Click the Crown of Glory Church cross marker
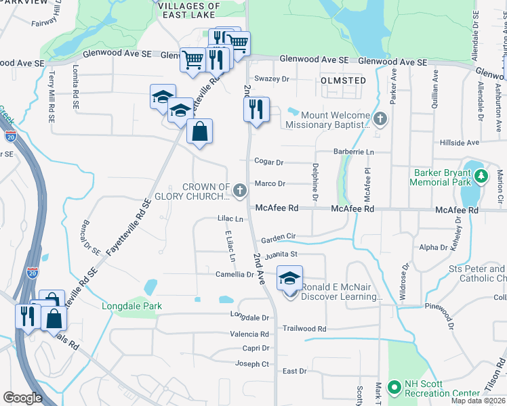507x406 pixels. (x=239, y=191)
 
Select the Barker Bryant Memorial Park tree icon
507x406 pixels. (x=481, y=177)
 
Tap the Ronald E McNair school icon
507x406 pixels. (x=289, y=279)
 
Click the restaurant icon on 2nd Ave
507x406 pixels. (x=256, y=110)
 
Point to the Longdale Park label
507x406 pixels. (x=132, y=306)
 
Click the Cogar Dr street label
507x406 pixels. (x=268, y=162)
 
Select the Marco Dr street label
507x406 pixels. (x=270, y=183)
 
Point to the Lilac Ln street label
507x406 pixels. (x=230, y=219)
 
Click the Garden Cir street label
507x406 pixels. (x=279, y=238)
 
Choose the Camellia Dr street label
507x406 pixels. (x=235, y=275)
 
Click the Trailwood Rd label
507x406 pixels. (x=304, y=329)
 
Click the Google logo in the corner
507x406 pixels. (x=22, y=398)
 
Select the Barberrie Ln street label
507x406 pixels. (x=353, y=152)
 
